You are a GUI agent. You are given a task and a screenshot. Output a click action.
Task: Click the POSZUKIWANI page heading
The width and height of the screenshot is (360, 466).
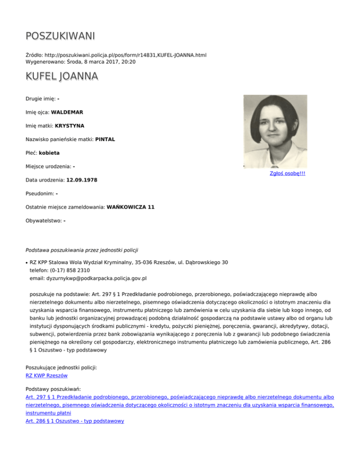[x=60, y=36]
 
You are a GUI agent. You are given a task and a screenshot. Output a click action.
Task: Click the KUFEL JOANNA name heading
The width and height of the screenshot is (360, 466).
[x=61, y=76]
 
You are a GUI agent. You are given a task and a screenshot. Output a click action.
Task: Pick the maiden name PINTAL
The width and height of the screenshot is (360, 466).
[x=105, y=139]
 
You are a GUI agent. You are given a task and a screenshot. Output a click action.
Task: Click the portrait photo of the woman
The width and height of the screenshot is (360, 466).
[x=275, y=131]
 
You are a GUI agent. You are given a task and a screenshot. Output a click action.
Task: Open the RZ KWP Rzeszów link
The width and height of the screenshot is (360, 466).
[x=47, y=376]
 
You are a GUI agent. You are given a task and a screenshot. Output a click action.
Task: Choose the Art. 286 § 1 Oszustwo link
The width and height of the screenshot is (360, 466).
[x=75, y=421]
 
